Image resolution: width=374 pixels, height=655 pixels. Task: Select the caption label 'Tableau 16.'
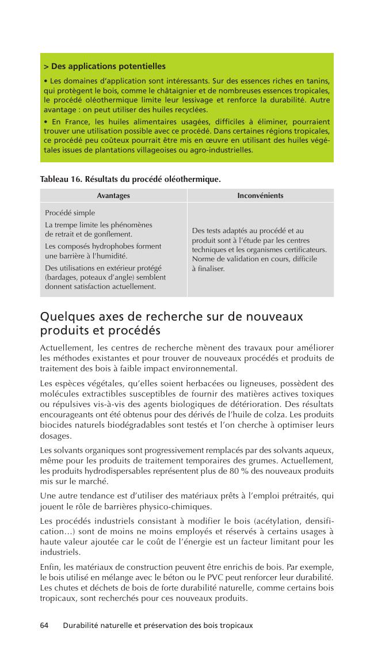61,180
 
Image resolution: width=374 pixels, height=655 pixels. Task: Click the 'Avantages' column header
113,196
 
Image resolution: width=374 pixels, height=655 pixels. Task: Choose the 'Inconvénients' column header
260,196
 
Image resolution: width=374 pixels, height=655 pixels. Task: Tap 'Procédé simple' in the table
70,213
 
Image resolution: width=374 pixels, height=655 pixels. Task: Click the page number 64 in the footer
45,625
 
